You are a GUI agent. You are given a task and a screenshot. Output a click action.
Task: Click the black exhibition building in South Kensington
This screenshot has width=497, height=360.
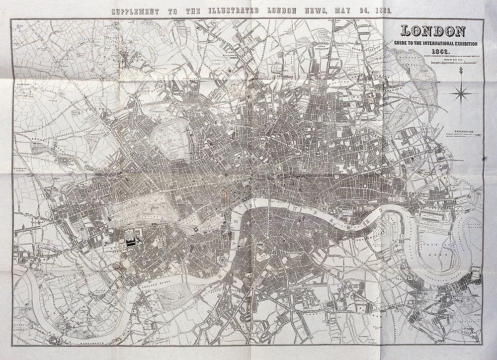[x=132, y=243]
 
